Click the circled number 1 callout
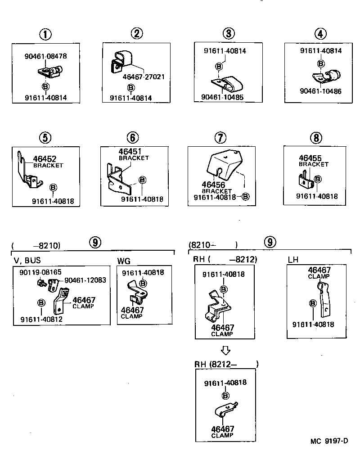pyautogui.click(x=45, y=34)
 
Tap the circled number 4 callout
pyautogui.click(x=320, y=34)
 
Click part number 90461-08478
pyautogui.click(x=45, y=57)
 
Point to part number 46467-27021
pyautogui.click(x=143, y=77)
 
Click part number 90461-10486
pyautogui.click(x=320, y=91)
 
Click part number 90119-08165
pyautogui.click(x=40, y=272)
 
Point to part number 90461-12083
pyautogui.click(x=85, y=280)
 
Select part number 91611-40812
pyautogui.click(x=41, y=319)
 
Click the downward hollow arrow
pyautogui.click(x=226, y=350)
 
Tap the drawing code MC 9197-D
pyautogui.click(x=329, y=441)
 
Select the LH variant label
pyautogui.click(x=293, y=260)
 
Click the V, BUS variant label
pyautogui.click(x=27, y=260)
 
